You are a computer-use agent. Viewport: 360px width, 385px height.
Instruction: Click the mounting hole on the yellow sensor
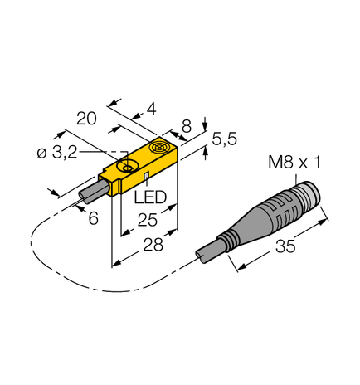tap(128, 169)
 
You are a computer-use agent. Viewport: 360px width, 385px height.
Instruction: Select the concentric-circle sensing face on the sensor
tap(160, 150)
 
